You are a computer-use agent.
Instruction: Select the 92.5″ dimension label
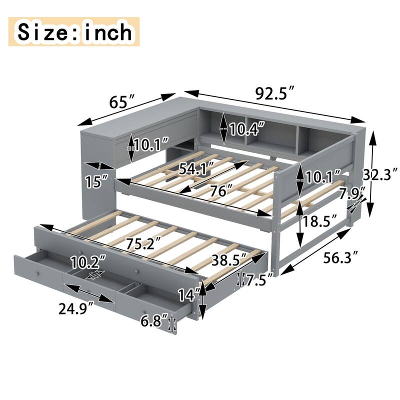(273, 93)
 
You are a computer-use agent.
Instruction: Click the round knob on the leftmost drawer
(37, 274)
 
